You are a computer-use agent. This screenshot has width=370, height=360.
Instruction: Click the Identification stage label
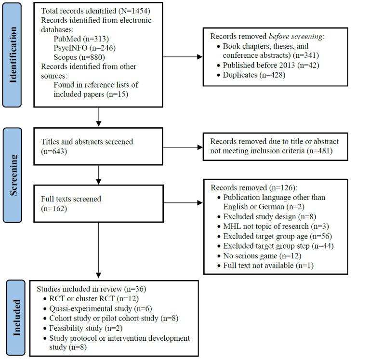pyautogui.click(x=15, y=55)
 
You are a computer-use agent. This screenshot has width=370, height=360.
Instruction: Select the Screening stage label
pyautogui.click(x=15, y=175)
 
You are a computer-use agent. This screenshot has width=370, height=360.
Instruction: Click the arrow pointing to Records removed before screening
pyautogui.click(x=183, y=57)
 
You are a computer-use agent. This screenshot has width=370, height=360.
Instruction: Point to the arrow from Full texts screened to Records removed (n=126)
pyautogui.click(x=183, y=203)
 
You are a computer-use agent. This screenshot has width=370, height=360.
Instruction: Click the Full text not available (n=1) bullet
pyautogui.click(x=267, y=265)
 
